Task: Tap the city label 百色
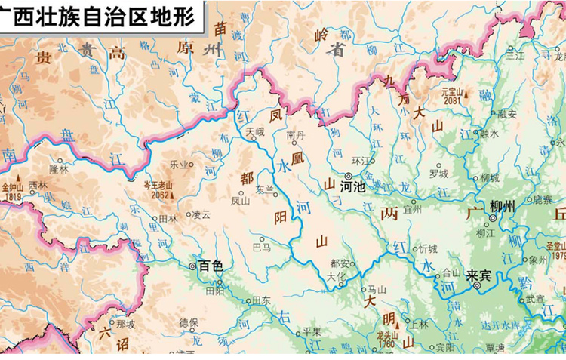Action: point(211,266)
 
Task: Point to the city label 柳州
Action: point(503,206)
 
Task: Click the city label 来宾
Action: point(478,275)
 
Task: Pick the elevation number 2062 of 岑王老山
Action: point(158,194)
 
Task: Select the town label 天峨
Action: point(256,131)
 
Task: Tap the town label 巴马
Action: point(262,247)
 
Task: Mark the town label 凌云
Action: point(201,214)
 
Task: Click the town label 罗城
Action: point(438,174)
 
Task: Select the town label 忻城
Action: point(428,248)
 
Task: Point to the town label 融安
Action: point(507,114)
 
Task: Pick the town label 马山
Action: point(376,289)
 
